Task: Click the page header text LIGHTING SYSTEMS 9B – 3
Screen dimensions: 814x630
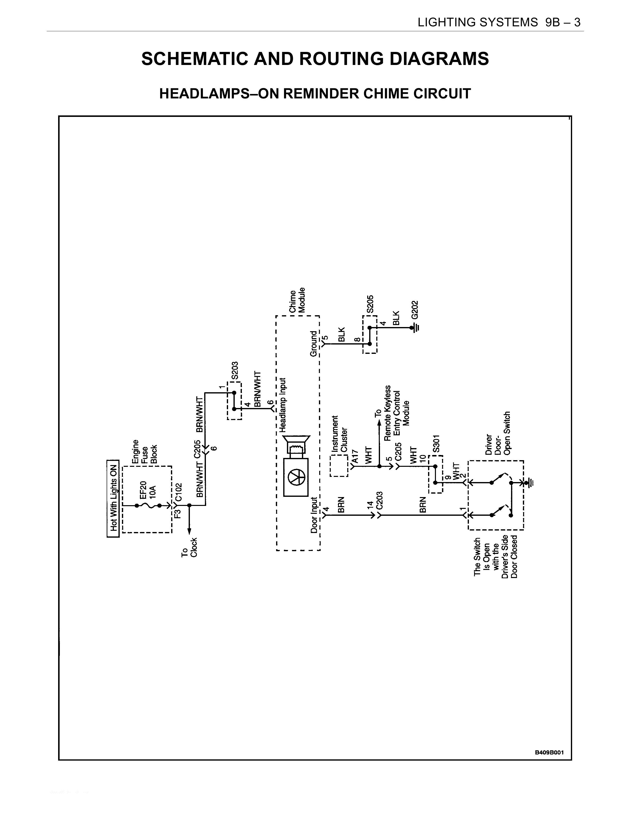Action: (499, 23)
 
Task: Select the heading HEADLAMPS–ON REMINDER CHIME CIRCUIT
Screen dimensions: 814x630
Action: (315, 94)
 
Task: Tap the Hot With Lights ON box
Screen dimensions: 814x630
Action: (113, 498)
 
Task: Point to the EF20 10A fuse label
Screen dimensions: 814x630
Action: (148, 488)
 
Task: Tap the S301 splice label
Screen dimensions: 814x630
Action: (437, 443)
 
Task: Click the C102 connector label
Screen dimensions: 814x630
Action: (179, 492)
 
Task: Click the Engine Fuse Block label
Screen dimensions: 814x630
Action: (145, 452)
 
